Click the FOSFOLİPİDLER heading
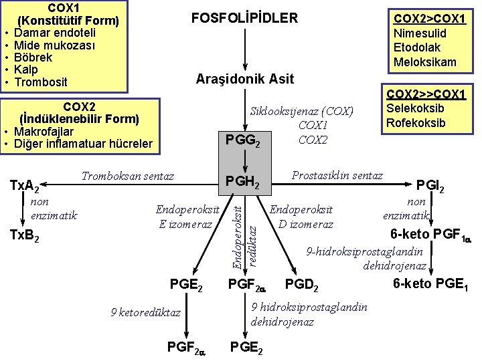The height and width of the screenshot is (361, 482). click(x=244, y=18)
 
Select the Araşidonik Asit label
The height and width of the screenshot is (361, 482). click(x=244, y=79)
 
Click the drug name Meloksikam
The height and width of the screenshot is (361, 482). click(x=425, y=62)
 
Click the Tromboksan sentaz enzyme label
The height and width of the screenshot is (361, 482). click(x=127, y=176)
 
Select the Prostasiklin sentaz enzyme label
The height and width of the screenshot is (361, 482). click(x=337, y=176)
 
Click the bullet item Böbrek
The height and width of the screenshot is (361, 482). click(x=33, y=57)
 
